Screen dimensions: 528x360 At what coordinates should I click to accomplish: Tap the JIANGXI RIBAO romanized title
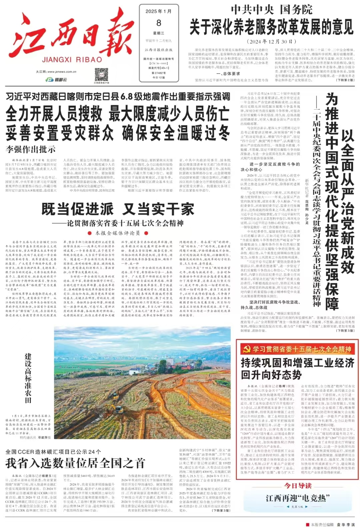72,60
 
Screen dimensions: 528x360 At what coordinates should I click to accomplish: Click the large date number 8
159,23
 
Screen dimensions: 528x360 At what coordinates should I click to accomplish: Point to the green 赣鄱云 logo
56,80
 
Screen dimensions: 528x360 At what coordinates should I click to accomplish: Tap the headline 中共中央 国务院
272,10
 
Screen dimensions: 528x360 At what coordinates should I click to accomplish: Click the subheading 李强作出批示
31,149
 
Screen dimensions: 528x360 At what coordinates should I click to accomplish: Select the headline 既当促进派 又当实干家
118,209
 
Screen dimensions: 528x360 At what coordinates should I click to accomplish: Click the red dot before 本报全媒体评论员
89,233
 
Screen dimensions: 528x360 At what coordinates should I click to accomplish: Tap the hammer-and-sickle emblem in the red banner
247,349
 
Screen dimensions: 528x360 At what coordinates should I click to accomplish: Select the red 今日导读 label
298,485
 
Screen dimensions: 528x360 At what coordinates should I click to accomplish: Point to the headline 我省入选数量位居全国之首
75,463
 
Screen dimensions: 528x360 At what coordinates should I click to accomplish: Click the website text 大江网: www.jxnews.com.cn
56,72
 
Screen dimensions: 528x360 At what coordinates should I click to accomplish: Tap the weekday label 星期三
159,33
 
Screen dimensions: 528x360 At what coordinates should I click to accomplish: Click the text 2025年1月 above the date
159,11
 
